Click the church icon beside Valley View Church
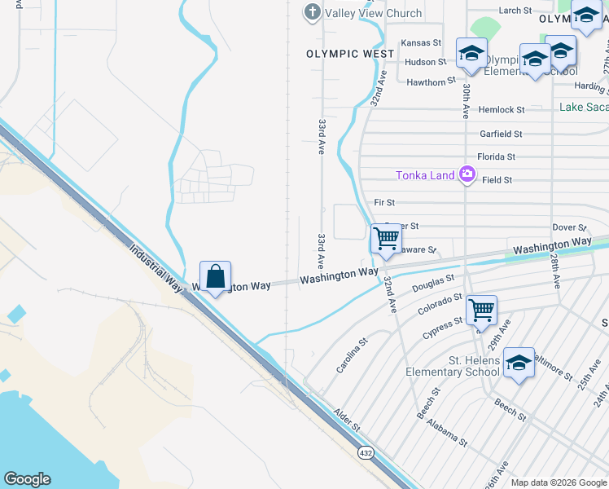pos(312,12)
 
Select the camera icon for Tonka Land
pos(467,174)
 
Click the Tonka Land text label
pos(426,175)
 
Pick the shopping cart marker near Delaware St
pos(386,239)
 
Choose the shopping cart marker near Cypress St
pos(481,311)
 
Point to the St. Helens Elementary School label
pos(453,365)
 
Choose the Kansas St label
pos(421,42)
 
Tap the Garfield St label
pos(501,134)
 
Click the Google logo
pos(27,478)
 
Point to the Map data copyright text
pos(558,482)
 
